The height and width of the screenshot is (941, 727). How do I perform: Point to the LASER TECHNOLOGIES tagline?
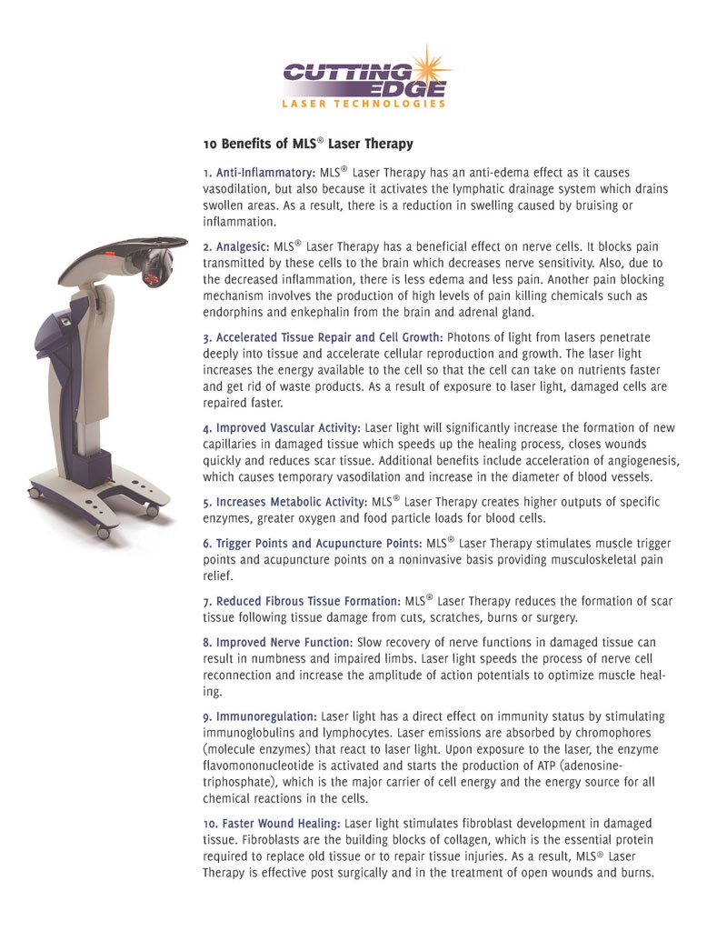coord(363,104)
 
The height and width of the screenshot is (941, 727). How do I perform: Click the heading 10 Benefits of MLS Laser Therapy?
coord(307,144)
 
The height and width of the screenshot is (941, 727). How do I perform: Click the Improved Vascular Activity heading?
coord(282,427)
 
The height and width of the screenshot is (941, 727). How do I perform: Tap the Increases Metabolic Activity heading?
coord(284,502)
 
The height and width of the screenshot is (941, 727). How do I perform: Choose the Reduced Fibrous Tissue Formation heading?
coord(302,601)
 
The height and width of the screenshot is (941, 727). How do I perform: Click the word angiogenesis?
coord(639,460)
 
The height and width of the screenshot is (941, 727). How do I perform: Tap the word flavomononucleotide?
coord(271,766)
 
